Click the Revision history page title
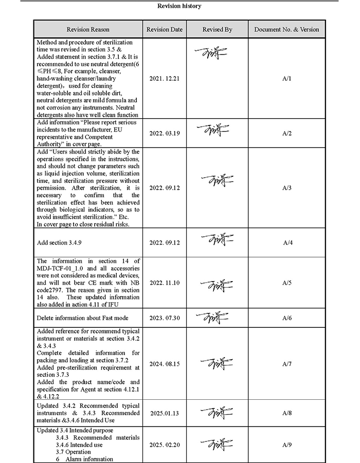click(179, 6)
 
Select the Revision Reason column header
click(88, 29)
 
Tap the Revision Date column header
click(165, 29)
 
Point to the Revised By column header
click(217, 29)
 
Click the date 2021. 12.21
click(165, 78)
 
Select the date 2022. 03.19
click(165, 133)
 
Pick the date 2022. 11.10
click(165, 283)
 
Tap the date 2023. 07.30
click(165, 318)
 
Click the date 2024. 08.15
click(165, 364)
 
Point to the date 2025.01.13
click(165, 413)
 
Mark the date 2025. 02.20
click(165, 445)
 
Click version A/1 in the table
click(287, 78)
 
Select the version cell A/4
click(287, 242)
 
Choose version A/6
click(287, 318)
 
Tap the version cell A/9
click(287, 445)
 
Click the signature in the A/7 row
click(217, 363)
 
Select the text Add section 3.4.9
click(60, 243)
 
